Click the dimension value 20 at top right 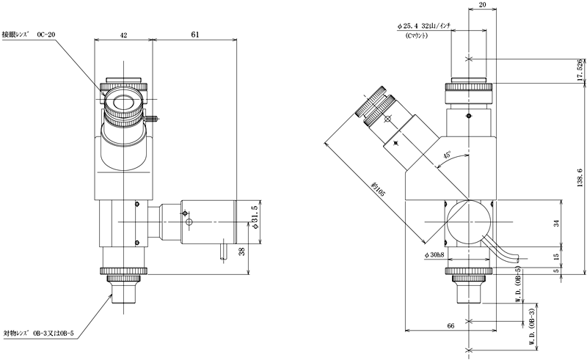point(481,7)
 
